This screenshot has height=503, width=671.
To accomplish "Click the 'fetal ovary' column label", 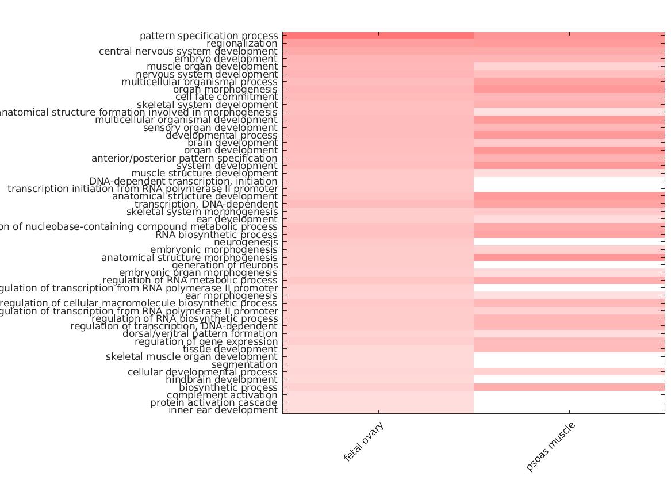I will tap(363, 441).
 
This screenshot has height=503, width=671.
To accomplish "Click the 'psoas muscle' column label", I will tap(550, 447).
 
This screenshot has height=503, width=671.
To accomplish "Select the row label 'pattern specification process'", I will tap(209, 36).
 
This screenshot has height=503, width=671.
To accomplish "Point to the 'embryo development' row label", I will tap(226, 59).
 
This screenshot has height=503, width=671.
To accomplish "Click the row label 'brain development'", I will tap(232, 143).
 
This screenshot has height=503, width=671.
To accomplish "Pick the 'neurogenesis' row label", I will tap(246, 242).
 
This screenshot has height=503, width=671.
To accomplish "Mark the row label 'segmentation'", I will tap(244, 364).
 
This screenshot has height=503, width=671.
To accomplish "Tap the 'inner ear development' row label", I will tap(223, 410).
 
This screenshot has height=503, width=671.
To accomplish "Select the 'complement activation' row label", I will tap(222, 395).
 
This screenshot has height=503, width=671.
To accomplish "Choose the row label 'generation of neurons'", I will tap(225, 265).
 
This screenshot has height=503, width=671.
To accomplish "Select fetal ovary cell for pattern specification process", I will tap(378, 36).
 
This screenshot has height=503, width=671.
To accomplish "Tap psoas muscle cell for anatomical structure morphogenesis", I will tap(569, 258).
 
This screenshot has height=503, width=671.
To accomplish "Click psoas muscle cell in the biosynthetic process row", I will tap(569, 387).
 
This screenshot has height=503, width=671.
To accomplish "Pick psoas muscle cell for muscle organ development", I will tap(569, 66).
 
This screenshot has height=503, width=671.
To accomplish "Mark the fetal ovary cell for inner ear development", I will tap(378, 410).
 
